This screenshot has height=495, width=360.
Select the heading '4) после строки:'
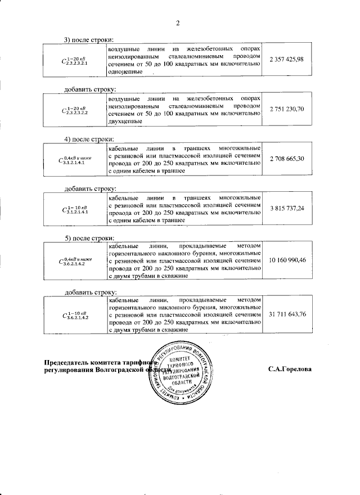tap(89, 139)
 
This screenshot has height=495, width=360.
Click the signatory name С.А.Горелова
tap(290, 370)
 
